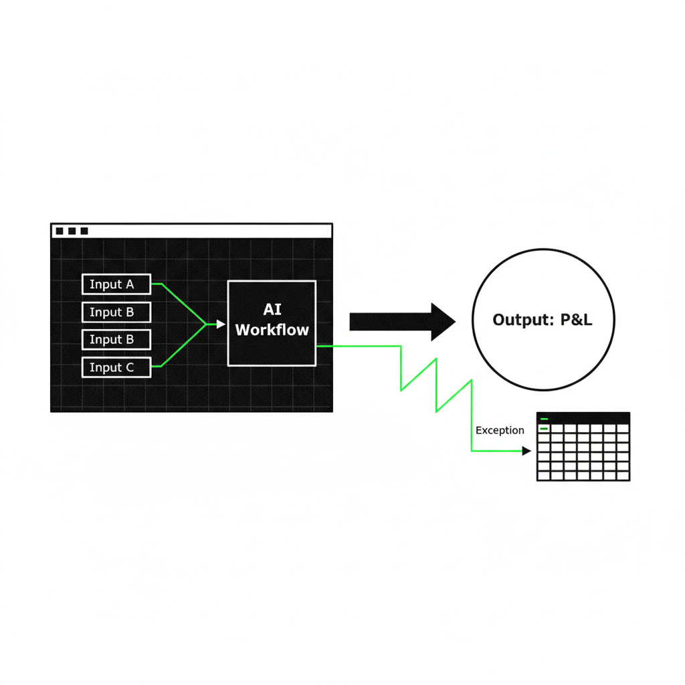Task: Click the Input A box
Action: click(116, 284)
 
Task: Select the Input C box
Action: click(116, 367)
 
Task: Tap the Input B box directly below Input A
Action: click(116, 312)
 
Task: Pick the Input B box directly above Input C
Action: click(116, 339)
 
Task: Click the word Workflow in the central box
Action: click(272, 330)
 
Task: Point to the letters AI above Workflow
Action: click(272, 310)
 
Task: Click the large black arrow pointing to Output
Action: click(402, 322)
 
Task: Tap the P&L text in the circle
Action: click(576, 320)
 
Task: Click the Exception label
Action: click(500, 430)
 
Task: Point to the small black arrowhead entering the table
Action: click(527, 451)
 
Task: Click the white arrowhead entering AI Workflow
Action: click(221, 324)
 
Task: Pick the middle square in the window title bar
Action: click(72, 231)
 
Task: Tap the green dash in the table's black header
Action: click(544, 419)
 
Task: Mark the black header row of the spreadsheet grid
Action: click(583, 418)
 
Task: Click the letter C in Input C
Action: click(130, 368)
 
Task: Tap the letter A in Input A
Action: click(130, 284)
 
